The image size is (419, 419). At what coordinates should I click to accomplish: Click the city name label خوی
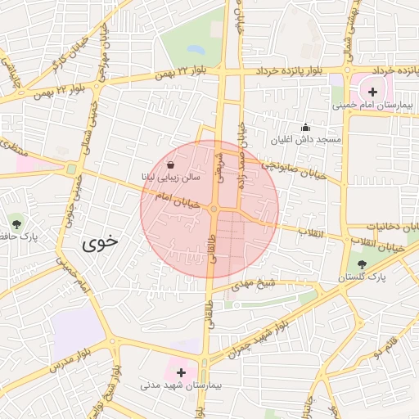click(x=100, y=242)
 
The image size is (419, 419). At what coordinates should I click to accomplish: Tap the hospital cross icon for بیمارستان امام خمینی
click(x=373, y=92)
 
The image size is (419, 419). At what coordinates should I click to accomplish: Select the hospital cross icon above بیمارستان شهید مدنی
click(x=181, y=372)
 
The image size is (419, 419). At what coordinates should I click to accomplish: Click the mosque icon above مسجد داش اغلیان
click(x=306, y=127)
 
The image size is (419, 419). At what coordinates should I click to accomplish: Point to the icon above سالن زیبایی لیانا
click(x=181, y=165)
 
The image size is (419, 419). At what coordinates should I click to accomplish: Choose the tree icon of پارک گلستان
click(x=362, y=264)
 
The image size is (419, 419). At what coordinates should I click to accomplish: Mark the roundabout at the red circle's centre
click(x=213, y=210)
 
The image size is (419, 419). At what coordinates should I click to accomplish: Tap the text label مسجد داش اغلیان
click(x=308, y=141)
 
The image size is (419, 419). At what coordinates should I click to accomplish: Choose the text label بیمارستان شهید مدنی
click(x=181, y=385)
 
